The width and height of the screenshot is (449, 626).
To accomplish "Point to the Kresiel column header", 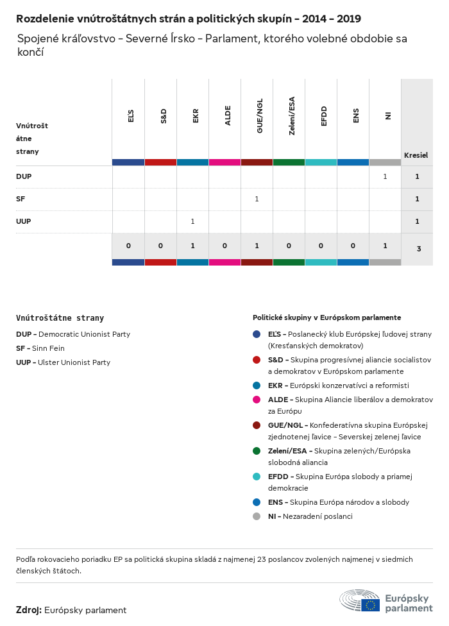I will pyautogui.click(x=416, y=155).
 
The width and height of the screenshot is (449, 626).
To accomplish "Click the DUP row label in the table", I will pyautogui.click(x=24, y=176).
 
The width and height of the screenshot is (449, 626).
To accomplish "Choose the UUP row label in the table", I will pyautogui.click(x=24, y=221).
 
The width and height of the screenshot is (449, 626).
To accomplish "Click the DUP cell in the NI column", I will pyautogui.click(x=385, y=176).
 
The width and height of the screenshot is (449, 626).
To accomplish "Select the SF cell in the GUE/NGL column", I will pyautogui.click(x=257, y=199).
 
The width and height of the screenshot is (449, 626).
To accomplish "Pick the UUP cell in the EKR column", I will pyautogui.click(x=192, y=221).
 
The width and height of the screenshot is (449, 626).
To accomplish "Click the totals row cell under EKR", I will pyautogui.click(x=192, y=246).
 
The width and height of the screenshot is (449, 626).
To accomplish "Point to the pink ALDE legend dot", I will pyautogui.click(x=257, y=400).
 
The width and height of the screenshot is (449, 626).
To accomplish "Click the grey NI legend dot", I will pyautogui.click(x=257, y=516).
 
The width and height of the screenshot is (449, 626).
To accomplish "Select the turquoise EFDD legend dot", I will pyautogui.click(x=257, y=477).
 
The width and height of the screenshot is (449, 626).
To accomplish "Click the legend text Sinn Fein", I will pyautogui.click(x=48, y=348).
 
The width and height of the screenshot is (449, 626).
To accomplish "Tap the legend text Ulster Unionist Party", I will pyautogui.click(x=74, y=362).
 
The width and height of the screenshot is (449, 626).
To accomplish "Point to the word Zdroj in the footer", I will pyautogui.click(x=29, y=610).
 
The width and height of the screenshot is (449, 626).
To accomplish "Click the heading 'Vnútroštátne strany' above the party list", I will pyautogui.click(x=60, y=317).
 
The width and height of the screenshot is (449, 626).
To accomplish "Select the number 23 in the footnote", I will pyautogui.click(x=261, y=559).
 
